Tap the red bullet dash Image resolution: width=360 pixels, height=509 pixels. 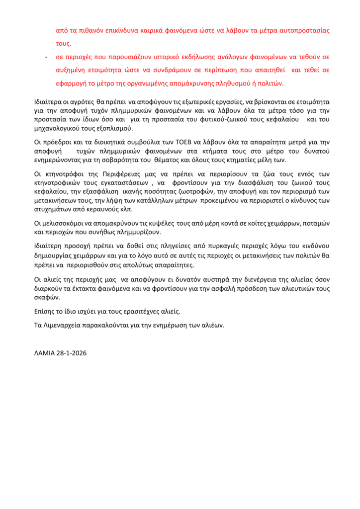click(46, 57)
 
